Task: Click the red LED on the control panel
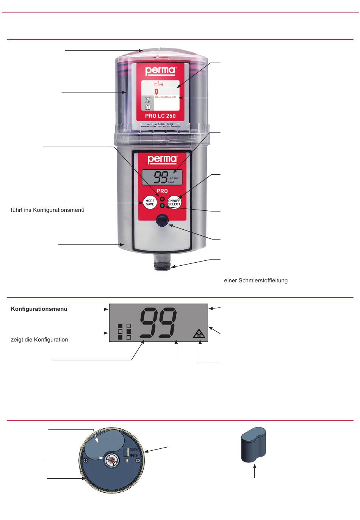pos(162,199)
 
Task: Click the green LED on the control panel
pos(162,205)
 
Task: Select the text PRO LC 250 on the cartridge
pos(160,116)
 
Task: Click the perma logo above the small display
pos(162,159)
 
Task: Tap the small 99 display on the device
pos(162,177)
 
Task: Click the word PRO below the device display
pos(162,191)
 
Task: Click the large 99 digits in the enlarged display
pos(158,323)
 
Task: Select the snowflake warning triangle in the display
pos(197,334)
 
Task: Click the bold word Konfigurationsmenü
pos(39,309)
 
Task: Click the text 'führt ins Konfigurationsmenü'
pos(47,210)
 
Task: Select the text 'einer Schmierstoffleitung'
pos(256,280)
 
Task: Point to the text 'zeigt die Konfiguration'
pos(39,340)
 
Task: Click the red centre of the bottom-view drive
pos(111,460)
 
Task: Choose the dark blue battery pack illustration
pos(253,444)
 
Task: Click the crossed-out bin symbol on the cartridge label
pos(148,100)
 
